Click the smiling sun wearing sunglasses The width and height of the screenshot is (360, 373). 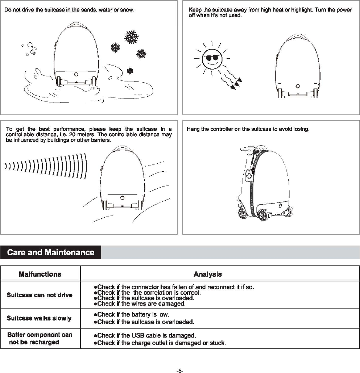point(212,58)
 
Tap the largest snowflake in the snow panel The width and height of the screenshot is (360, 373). point(131,37)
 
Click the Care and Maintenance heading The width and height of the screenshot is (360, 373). point(51,252)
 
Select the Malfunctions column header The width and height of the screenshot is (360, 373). point(40,274)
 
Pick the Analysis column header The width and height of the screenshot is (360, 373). point(208,274)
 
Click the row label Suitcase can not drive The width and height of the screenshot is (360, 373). point(40,295)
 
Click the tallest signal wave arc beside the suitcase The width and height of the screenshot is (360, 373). point(86,166)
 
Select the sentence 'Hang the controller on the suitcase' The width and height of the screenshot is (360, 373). point(248,129)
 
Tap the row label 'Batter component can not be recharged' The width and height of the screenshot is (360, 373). point(40,338)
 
